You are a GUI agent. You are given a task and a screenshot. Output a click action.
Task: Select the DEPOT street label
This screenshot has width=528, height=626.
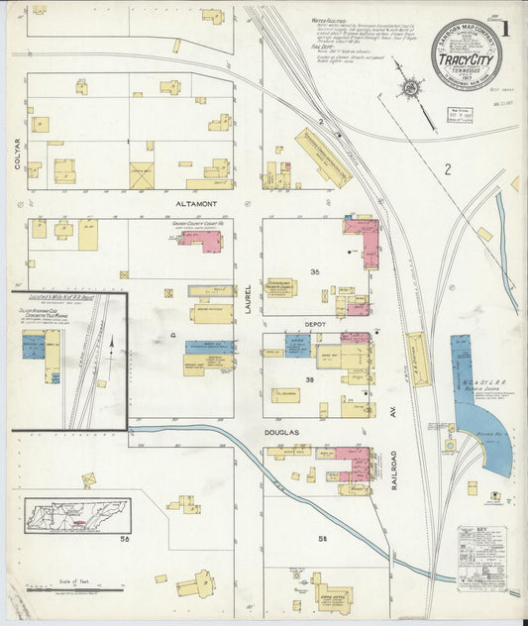(316, 323)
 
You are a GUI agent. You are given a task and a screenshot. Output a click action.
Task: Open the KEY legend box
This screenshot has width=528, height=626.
(481, 558)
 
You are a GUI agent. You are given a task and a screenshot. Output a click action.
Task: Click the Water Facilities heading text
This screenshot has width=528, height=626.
(328, 19)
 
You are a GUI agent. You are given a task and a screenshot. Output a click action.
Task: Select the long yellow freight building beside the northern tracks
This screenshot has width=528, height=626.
(322, 156)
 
